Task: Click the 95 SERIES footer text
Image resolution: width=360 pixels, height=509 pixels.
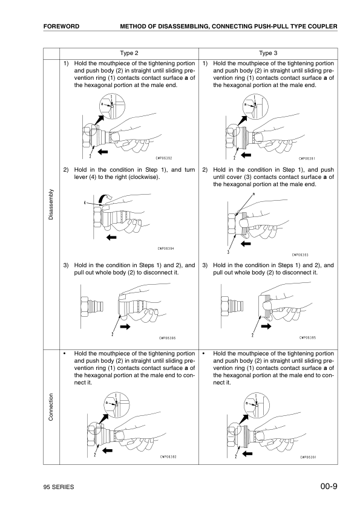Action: [x=58, y=487]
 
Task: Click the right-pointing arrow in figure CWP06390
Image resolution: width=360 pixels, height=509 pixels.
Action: [x=126, y=326]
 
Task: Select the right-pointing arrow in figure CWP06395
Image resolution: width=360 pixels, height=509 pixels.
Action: [x=266, y=326]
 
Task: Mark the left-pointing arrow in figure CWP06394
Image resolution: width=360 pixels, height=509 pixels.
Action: [x=111, y=238]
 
